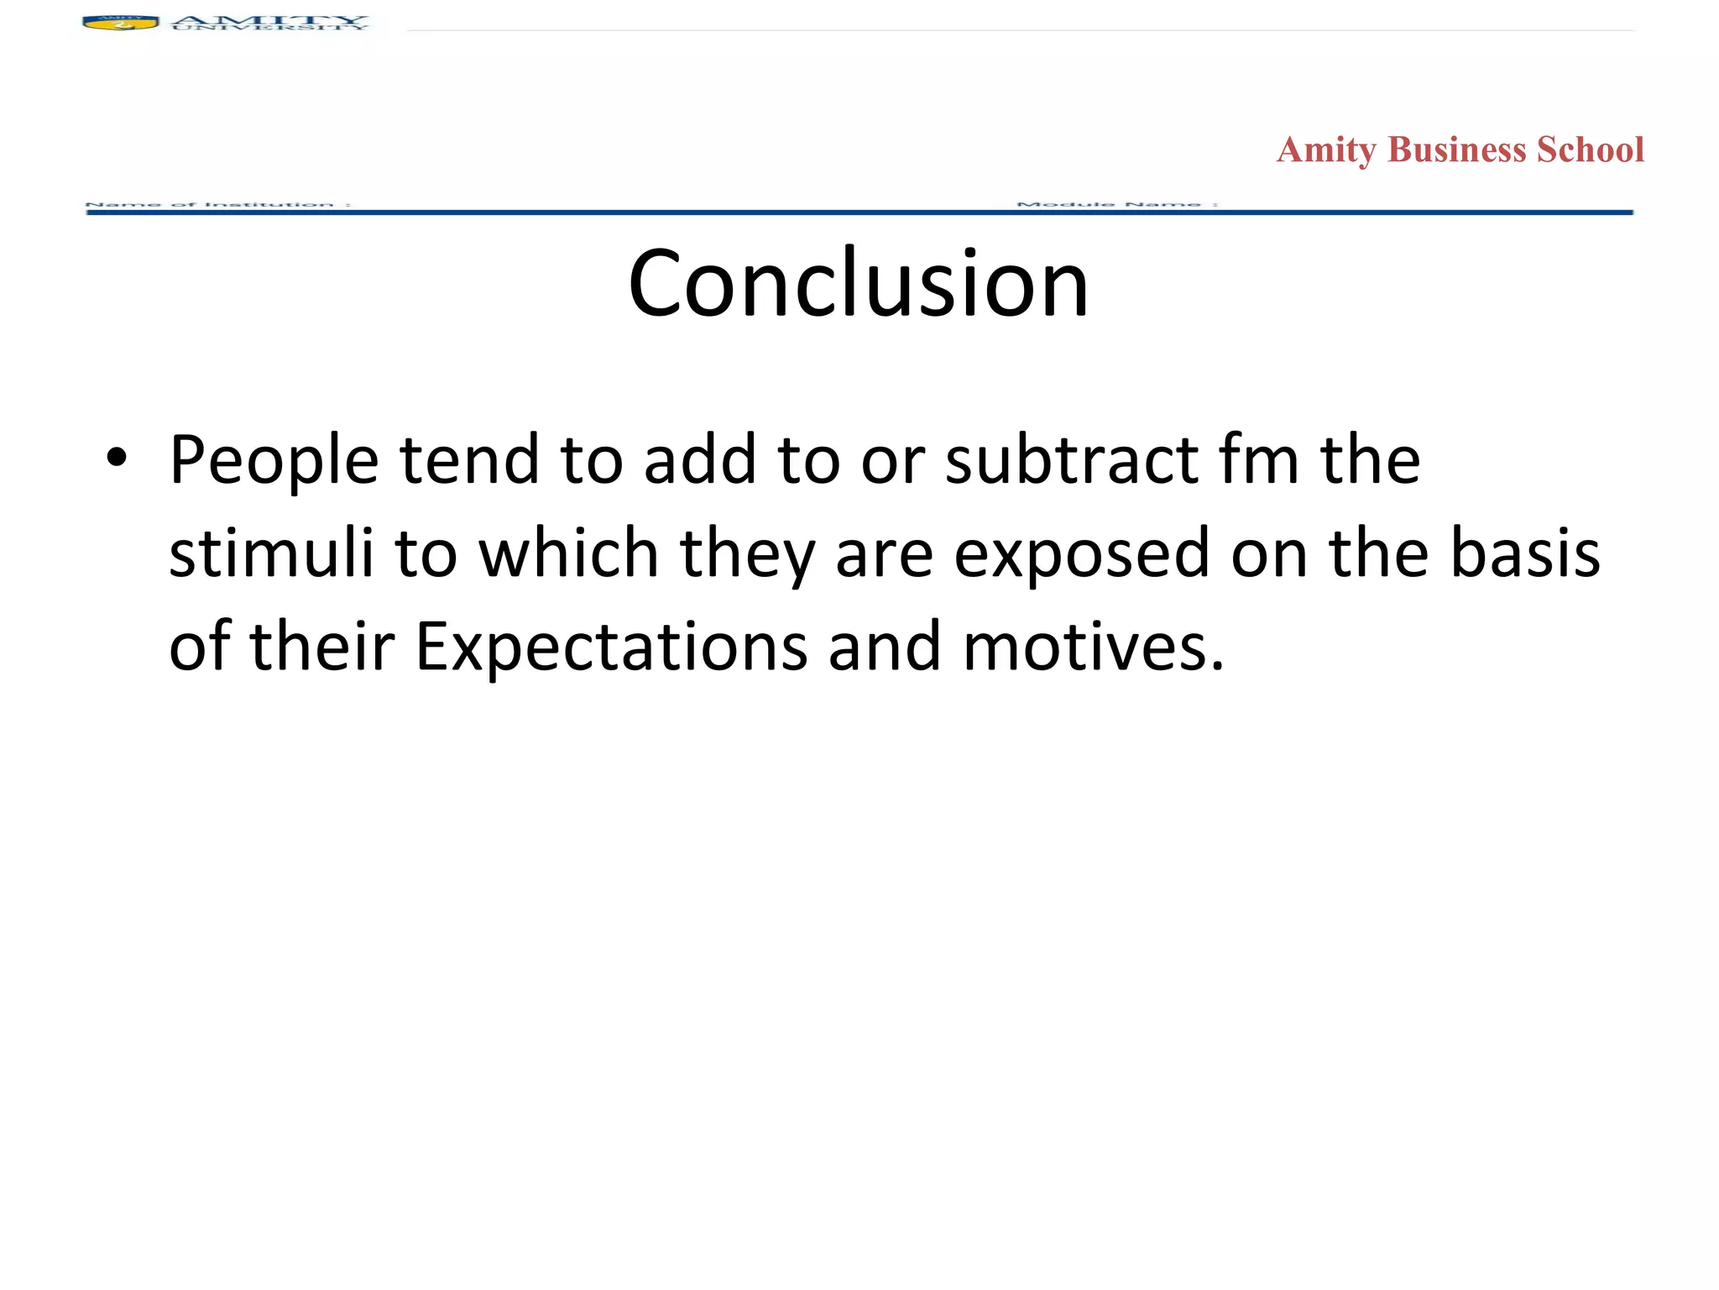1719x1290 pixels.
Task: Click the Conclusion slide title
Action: point(858,284)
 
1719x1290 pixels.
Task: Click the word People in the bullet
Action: point(274,462)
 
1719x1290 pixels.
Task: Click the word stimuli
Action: point(270,553)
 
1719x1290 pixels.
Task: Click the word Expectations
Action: point(612,648)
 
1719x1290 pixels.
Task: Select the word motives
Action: point(1093,647)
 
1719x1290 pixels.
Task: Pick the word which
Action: point(569,553)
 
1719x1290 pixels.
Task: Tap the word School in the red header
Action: point(1591,149)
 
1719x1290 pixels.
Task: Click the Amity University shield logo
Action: point(120,23)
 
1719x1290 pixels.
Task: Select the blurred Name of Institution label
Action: point(217,204)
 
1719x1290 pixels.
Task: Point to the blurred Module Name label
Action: point(1116,204)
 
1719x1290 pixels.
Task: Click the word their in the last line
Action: point(322,647)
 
